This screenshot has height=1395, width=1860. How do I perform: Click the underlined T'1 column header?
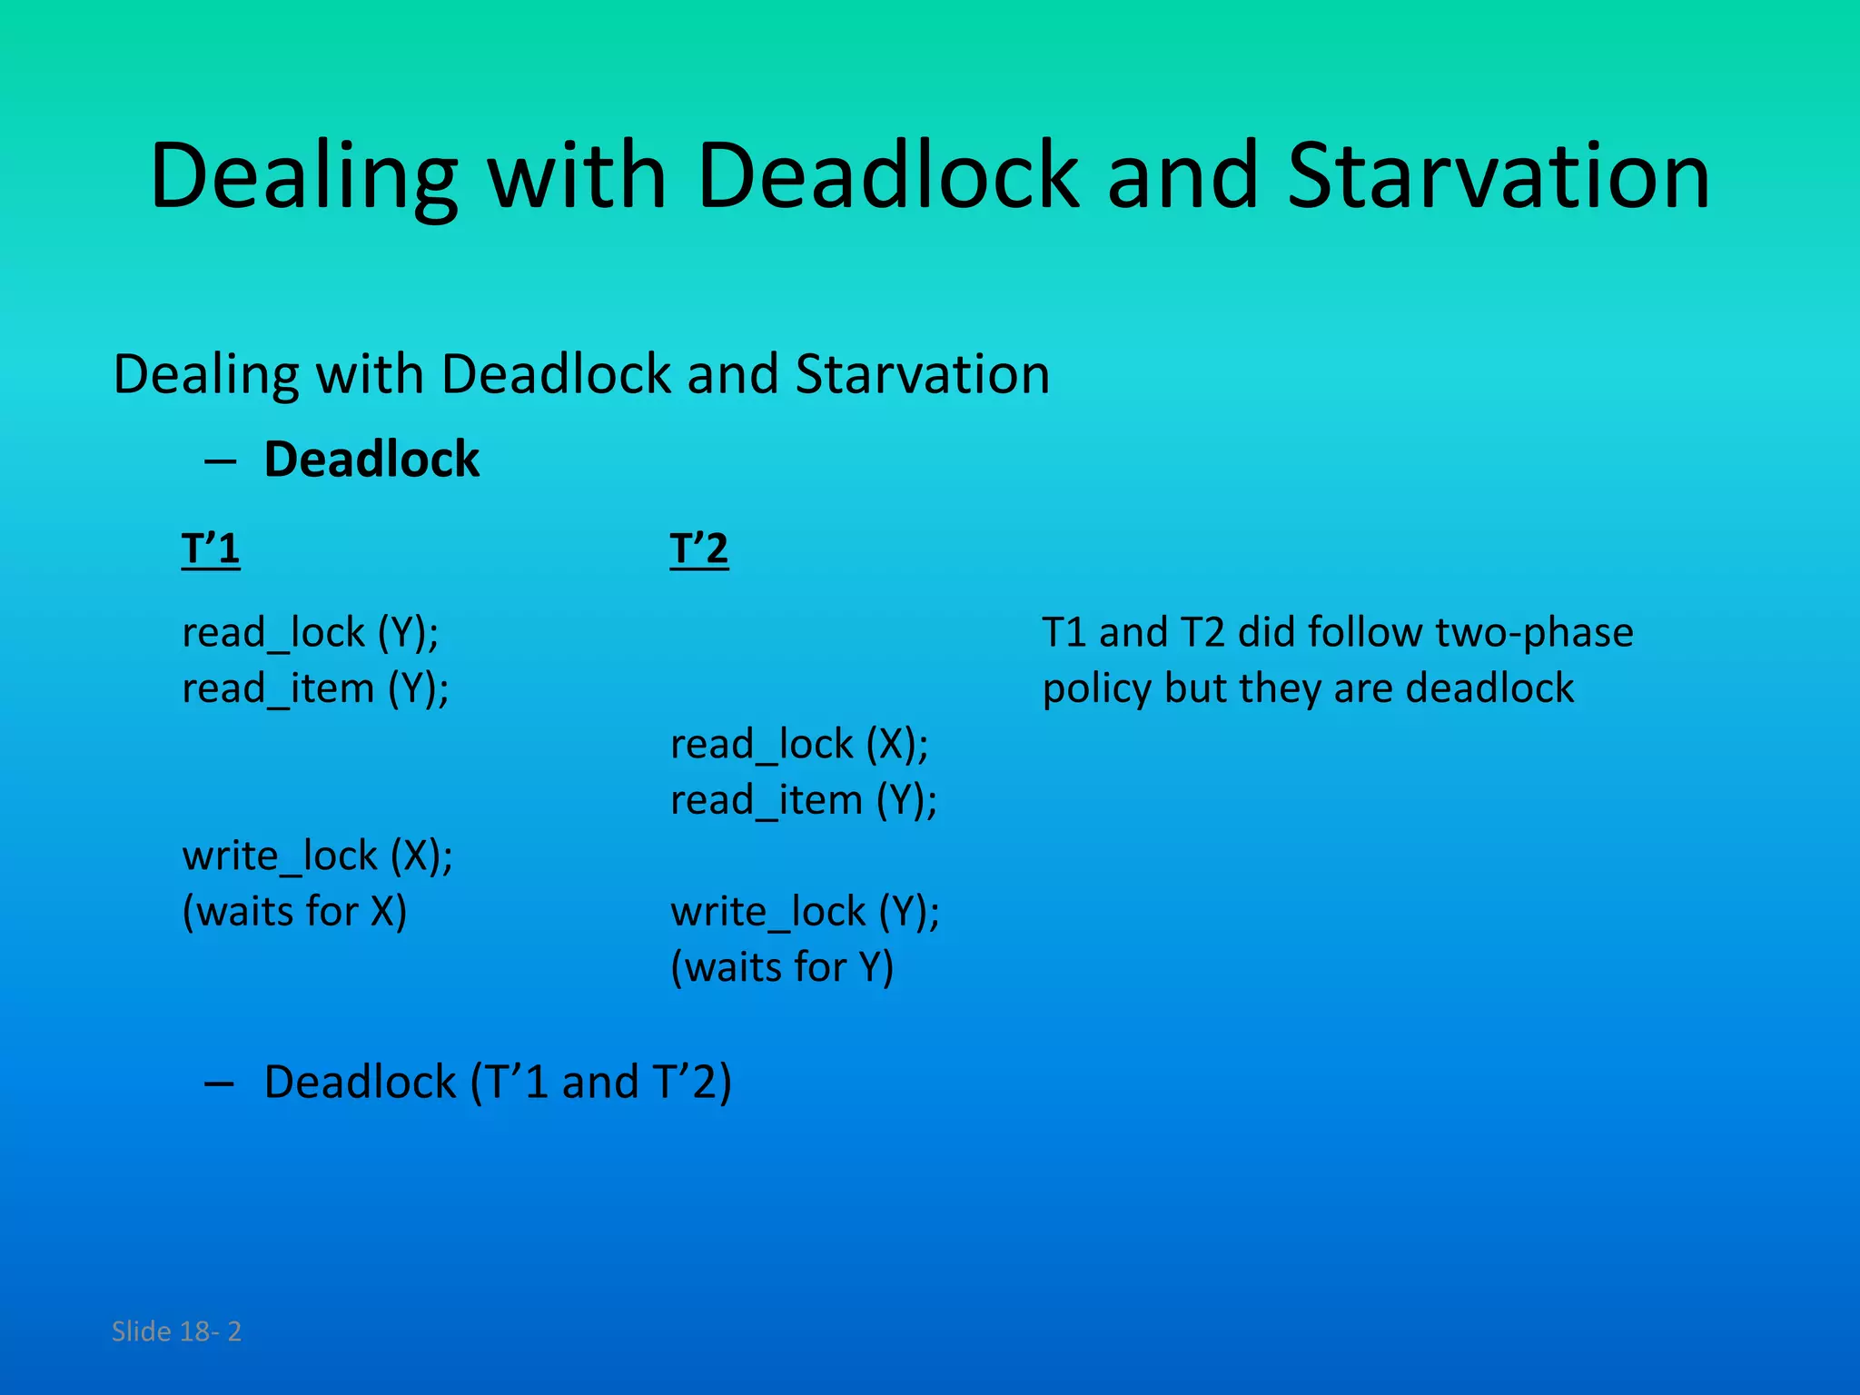click(211, 549)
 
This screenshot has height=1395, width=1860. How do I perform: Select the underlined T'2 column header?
click(698, 549)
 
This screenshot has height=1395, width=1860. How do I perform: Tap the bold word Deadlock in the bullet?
click(371, 459)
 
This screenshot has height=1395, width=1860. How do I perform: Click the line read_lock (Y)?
click(310, 632)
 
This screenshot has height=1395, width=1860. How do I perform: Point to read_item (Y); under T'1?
click(315, 688)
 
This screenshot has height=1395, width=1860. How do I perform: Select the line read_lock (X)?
click(799, 745)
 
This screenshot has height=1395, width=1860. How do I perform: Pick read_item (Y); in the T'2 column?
click(804, 800)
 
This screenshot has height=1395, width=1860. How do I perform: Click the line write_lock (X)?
click(317, 856)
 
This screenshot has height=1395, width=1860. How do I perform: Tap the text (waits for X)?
click(294, 911)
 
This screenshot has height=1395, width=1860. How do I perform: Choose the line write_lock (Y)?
click(805, 911)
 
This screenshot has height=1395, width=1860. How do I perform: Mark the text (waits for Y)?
click(782, 967)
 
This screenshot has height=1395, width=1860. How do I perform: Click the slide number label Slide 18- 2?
click(176, 1331)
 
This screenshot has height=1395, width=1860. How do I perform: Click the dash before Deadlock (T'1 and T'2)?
click(220, 1083)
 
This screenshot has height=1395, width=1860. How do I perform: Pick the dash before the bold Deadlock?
click(220, 461)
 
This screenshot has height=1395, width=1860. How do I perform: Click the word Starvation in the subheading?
click(922, 374)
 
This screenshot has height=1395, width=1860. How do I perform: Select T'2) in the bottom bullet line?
click(691, 1083)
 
